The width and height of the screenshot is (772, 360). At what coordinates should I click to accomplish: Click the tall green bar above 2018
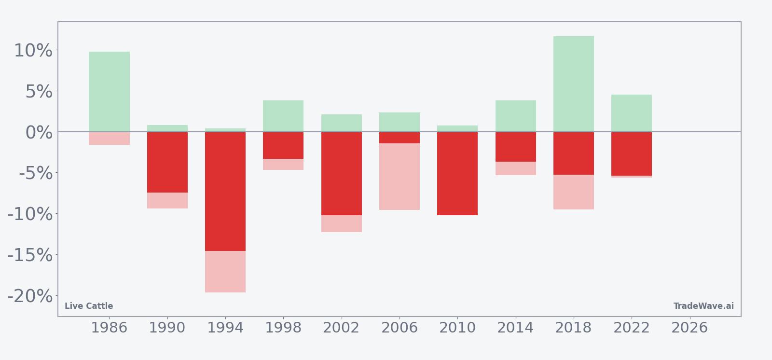(574, 84)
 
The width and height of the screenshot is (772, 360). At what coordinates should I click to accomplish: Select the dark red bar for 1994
(225, 192)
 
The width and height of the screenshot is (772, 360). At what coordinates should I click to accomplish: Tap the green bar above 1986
(109, 92)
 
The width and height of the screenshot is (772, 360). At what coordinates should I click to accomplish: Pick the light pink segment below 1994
(225, 272)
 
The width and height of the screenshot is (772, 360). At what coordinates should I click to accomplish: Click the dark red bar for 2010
(457, 173)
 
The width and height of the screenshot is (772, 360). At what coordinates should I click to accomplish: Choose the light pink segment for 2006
(400, 177)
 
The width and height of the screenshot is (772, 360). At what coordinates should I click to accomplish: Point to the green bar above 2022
(632, 113)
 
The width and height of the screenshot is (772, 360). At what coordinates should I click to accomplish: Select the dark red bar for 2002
(342, 173)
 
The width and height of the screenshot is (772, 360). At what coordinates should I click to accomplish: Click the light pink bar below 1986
(109, 138)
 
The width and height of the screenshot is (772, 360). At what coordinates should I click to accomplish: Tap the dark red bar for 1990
(167, 162)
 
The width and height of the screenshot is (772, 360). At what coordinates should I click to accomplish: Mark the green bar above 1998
(283, 116)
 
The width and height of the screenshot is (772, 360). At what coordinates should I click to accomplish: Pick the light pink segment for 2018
(574, 192)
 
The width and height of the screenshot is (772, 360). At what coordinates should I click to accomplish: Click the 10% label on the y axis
(33, 51)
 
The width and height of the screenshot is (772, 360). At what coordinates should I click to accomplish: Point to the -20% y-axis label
(30, 296)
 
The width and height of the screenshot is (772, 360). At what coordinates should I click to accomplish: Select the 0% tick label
(39, 133)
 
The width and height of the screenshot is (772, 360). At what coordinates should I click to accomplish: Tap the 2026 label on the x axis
(689, 328)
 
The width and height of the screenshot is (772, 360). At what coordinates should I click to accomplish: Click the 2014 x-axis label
(515, 328)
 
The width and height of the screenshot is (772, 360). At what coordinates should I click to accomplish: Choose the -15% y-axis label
(30, 255)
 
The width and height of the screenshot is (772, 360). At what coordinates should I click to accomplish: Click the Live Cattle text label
(89, 306)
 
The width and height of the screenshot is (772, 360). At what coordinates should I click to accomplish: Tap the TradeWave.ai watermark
(703, 306)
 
